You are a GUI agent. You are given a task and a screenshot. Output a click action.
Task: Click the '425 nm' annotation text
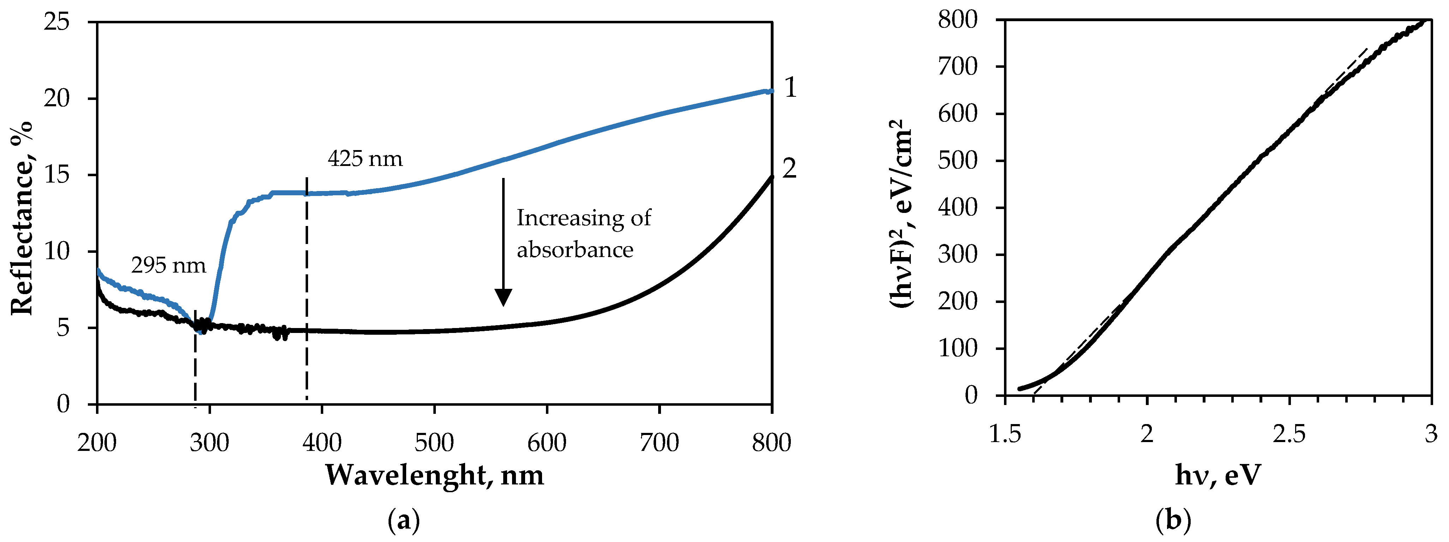click(x=365, y=159)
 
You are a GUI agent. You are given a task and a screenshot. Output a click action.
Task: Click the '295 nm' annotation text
click(x=168, y=265)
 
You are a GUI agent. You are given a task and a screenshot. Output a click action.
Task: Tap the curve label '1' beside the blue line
click(x=790, y=88)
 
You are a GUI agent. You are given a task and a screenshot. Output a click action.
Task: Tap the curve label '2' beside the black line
click(x=790, y=168)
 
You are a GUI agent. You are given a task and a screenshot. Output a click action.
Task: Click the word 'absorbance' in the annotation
click(x=575, y=249)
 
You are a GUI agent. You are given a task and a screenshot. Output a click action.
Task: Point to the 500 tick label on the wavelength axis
click(x=434, y=443)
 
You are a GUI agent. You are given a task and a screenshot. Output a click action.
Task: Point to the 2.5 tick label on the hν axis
click(x=1289, y=434)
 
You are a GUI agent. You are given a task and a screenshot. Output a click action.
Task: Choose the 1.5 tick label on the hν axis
click(x=1005, y=434)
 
